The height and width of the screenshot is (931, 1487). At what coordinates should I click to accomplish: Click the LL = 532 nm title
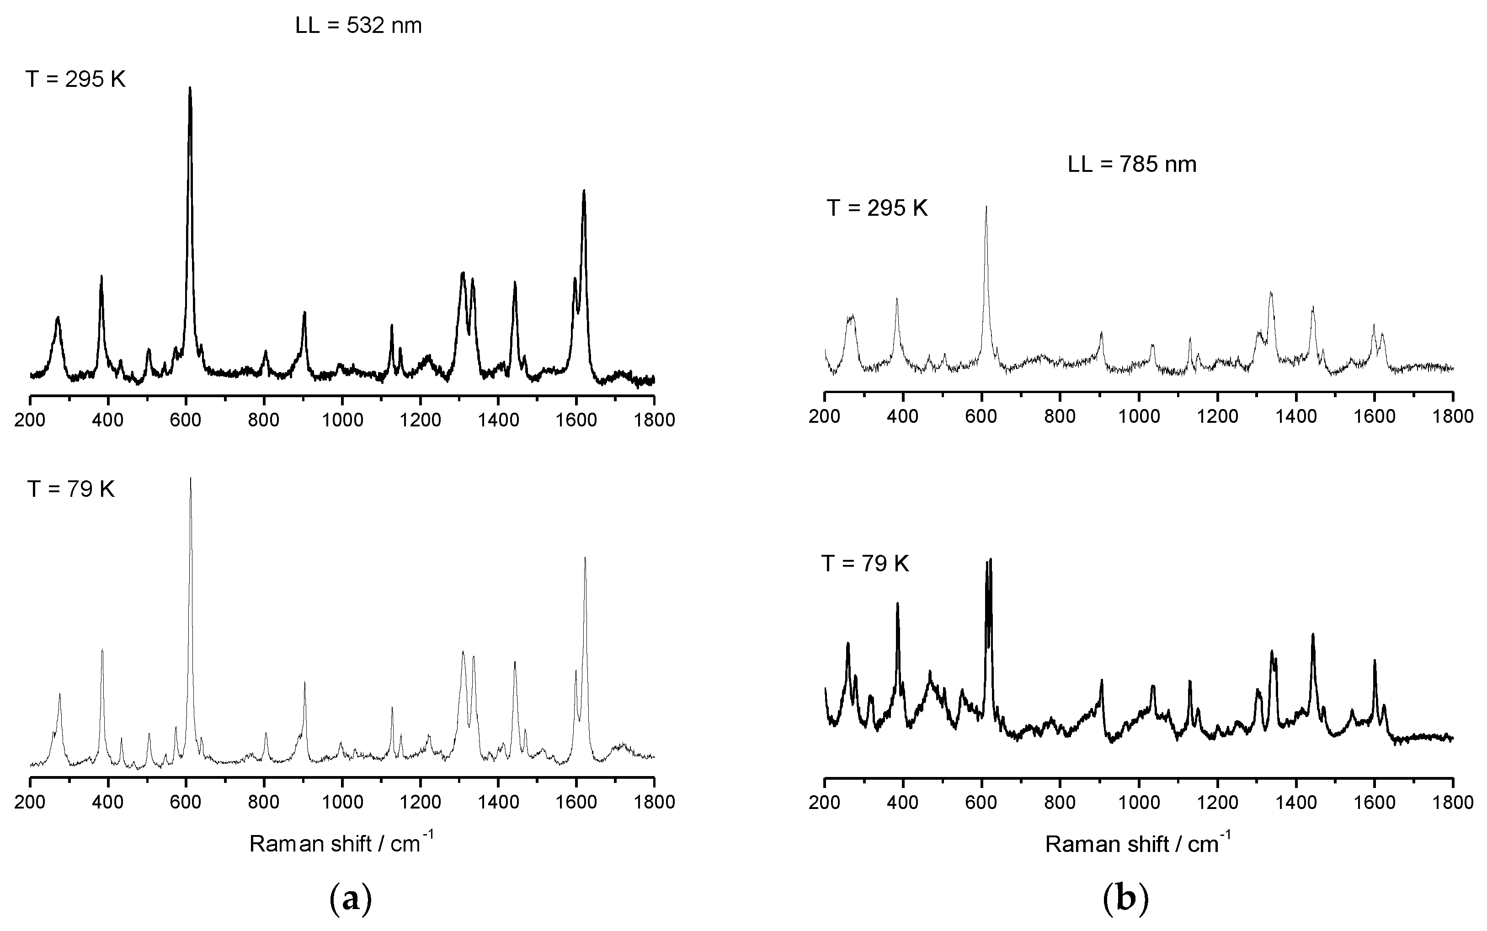[358, 26]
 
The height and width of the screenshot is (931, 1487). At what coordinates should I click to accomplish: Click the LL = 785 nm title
[1132, 165]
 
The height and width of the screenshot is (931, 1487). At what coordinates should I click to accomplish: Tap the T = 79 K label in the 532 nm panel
[71, 489]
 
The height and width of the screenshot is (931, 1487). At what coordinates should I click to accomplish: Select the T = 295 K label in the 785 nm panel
[877, 208]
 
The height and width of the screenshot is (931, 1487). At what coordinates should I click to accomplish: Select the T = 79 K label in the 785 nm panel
[865, 564]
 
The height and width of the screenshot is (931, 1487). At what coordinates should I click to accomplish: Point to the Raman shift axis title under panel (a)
[342, 843]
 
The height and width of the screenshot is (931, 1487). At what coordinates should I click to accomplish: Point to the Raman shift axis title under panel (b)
[1138, 843]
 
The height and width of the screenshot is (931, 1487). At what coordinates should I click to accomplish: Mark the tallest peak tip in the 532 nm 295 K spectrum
[190, 88]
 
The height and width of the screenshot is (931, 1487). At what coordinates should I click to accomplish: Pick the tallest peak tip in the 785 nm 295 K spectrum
[986, 207]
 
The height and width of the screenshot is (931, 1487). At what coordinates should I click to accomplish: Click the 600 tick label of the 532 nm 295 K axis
[186, 420]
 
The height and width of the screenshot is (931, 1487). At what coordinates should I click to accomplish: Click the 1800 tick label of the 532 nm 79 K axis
[654, 802]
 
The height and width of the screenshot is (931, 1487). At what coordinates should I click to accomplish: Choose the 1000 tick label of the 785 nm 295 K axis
[1139, 416]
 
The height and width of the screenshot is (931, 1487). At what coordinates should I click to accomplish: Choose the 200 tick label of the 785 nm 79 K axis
[825, 802]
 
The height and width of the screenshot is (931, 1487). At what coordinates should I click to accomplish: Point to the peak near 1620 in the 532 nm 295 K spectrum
[584, 191]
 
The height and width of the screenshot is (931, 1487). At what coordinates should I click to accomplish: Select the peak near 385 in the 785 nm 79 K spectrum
[897, 603]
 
